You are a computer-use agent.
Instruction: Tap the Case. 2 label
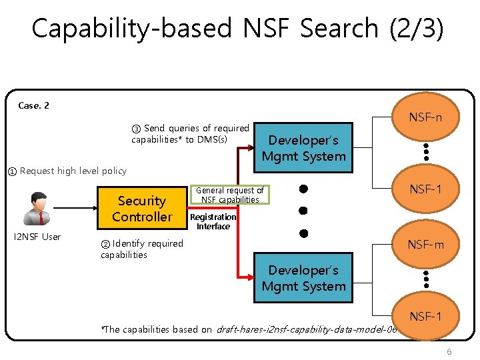click(x=33, y=105)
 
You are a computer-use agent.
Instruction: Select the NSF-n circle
click(x=425, y=117)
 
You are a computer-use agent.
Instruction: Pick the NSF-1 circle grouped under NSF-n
click(x=425, y=189)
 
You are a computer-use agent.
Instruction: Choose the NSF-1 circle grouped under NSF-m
click(x=425, y=316)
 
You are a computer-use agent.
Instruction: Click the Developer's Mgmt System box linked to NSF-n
click(x=303, y=148)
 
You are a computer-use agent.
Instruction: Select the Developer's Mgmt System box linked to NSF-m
click(x=303, y=278)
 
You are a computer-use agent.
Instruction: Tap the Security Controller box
click(x=141, y=209)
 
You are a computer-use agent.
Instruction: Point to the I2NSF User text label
click(x=37, y=237)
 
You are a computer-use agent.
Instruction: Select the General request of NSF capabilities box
click(x=229, y=195)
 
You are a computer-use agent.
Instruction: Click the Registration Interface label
click(x=213, y=221)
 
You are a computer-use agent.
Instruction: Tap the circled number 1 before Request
click(x=12, y=171)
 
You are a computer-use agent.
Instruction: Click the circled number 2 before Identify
click(x=105, y=243)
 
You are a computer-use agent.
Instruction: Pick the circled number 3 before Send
click(x=136, y=129)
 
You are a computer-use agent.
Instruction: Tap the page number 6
click(x=449, y=351)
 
